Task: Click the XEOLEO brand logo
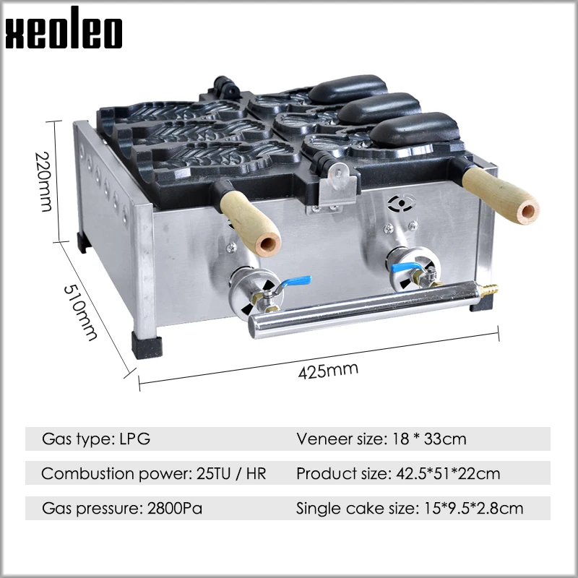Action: tap(64, 33)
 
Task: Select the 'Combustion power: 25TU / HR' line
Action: tap(154, 474)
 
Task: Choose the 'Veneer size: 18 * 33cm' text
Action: tap(381, 439)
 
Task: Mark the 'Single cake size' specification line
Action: tap(410, 509)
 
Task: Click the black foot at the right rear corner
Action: tap(480, 303)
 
